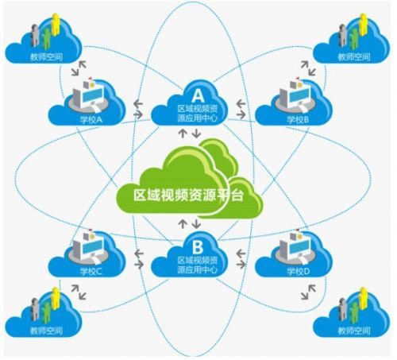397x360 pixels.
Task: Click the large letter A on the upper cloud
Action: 198,95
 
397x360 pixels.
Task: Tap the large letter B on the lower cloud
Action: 198,247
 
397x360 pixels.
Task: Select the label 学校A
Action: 91,120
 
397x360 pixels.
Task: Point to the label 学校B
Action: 298,120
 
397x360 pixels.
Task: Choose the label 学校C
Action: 91,272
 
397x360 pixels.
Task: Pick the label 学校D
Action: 299,272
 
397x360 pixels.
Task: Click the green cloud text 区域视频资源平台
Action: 188,195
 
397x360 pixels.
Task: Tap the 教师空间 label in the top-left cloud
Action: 46,56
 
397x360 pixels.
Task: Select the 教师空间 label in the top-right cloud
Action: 354,56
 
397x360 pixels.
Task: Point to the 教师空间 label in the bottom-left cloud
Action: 46,331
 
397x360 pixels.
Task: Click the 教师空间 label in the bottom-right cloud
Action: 354,331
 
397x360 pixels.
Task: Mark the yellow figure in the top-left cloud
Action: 56,25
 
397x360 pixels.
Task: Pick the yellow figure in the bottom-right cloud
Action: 364,298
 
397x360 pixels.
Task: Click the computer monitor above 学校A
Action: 92,95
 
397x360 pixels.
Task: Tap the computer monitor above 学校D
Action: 299,248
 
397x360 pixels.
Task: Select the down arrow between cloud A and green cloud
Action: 196,133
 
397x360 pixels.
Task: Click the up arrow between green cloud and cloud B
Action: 183,223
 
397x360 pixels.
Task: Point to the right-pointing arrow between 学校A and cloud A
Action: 138,114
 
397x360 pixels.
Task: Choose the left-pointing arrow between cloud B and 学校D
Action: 241,254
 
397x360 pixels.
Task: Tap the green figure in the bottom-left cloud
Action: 46,312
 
